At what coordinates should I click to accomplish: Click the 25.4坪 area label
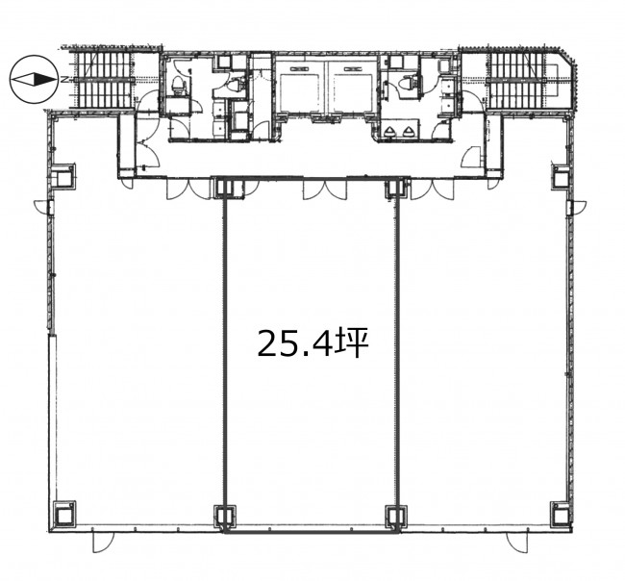point(312,343)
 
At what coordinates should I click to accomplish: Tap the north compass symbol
point(34,80)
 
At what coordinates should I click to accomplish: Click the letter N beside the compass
point(63,80)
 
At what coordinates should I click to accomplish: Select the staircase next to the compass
point(105,80)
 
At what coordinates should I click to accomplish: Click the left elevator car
point(300,88)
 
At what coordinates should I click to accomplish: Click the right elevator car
point(353,88)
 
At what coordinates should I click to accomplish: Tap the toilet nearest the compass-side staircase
point(178,85)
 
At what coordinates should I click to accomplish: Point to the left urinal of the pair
point(391,131)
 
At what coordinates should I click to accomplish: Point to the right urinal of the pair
point(408,131)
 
